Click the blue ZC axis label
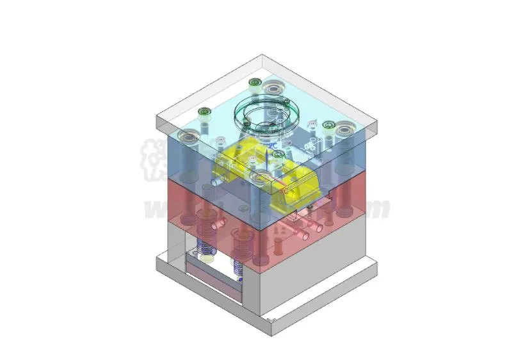[x=273, y=145]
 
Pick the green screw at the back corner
[x=254, y=82]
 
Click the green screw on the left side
[x=205, y=113]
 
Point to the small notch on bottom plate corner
[x=273, y=317]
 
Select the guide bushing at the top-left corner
[x=188, y=135]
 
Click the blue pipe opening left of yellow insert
[x=214, y=182]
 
